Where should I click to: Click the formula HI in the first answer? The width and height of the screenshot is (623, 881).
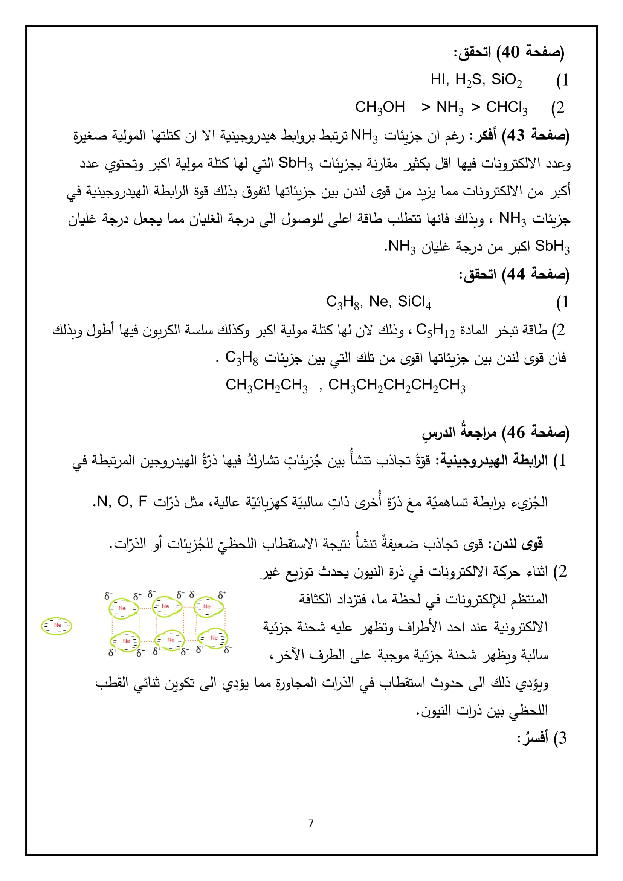438,80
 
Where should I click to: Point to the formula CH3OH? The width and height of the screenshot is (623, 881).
380,107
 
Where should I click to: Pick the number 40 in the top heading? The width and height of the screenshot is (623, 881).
511,52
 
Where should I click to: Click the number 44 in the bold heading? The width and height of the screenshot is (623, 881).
516,274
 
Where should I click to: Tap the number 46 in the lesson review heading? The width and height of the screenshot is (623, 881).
516,432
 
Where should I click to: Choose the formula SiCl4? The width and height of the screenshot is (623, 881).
414,302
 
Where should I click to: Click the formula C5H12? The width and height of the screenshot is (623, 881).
435,330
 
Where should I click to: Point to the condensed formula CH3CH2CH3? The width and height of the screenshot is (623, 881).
266,385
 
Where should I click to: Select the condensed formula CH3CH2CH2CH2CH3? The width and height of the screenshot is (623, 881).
397,385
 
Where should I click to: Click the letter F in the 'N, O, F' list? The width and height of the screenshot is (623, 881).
142,501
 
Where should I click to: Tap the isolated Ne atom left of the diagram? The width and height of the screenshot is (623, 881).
57,626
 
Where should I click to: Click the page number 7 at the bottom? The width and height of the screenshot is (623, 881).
311,823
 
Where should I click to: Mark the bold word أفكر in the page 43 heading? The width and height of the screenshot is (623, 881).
485,136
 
